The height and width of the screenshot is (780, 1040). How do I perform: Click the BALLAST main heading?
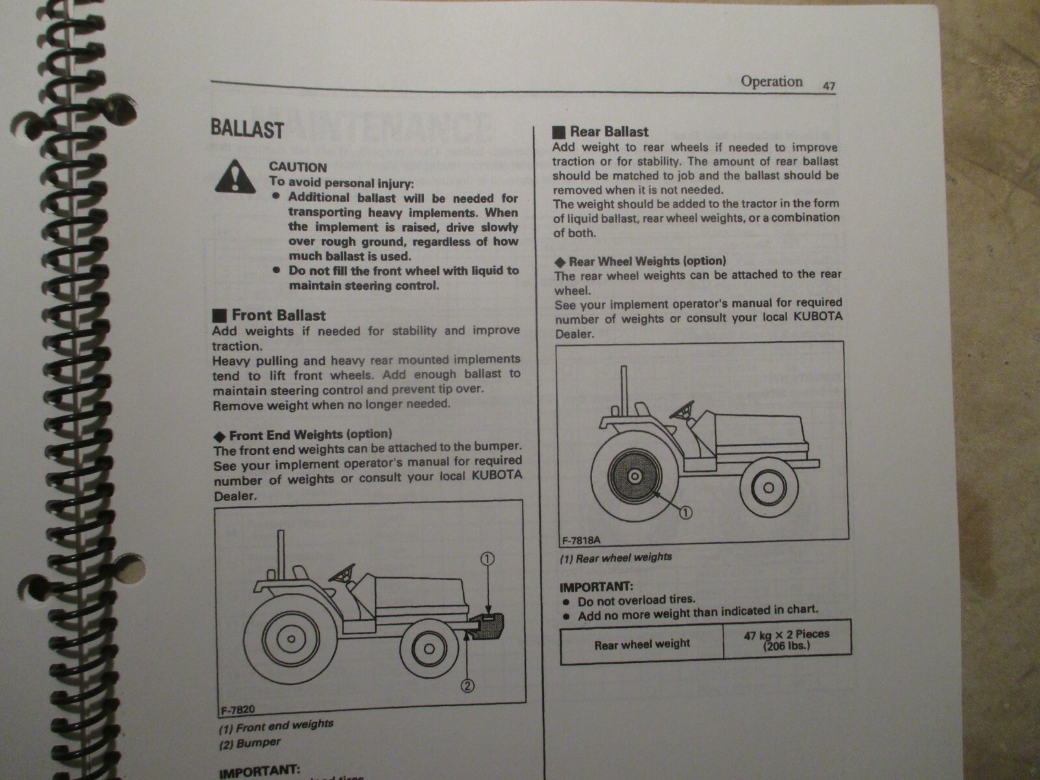247,129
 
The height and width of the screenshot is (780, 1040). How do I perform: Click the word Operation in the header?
772,82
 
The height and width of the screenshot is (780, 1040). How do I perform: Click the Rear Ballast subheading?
608,132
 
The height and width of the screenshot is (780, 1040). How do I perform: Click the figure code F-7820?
233,710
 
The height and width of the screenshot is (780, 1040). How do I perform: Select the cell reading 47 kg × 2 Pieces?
786,640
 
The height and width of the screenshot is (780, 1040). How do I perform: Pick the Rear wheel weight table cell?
642,644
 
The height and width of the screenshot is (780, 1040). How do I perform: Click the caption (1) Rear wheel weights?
616,558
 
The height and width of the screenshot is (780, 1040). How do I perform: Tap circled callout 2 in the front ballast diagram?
469,684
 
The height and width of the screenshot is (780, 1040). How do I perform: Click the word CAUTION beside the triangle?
298,167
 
